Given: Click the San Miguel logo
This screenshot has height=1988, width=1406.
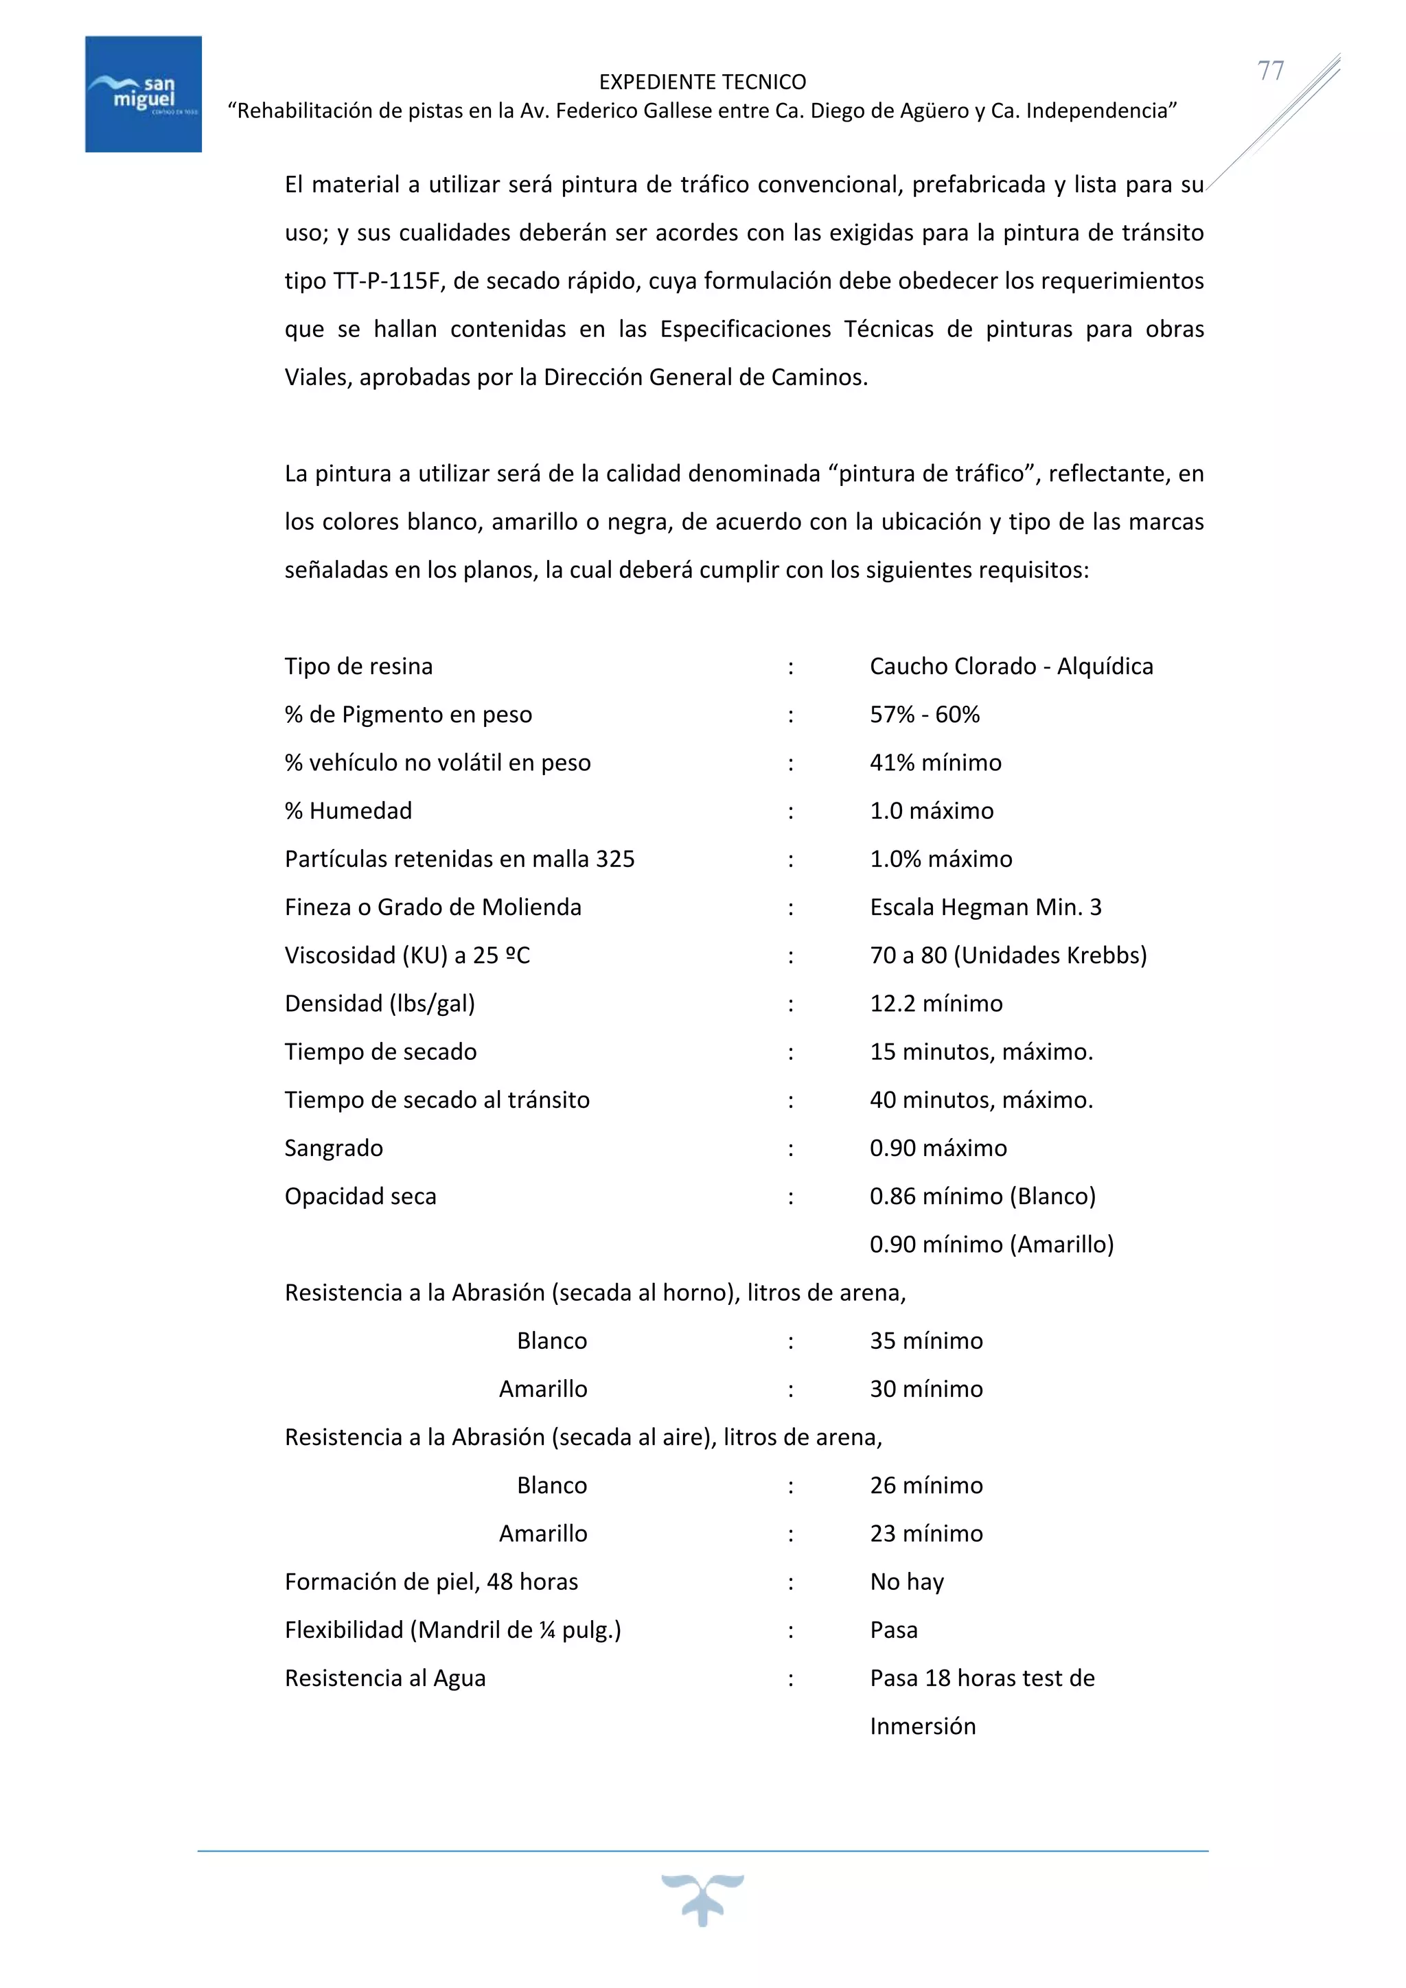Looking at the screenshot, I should [x=143, y=93].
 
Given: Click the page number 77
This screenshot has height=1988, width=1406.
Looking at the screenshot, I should [x=1270, y=70].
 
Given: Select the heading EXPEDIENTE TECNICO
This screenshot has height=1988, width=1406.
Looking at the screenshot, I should [x=702, y=82].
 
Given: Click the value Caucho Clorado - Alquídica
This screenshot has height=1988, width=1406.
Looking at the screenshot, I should [x=1011, y=667].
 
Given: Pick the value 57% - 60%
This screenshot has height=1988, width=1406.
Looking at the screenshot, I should [x=924, y=715].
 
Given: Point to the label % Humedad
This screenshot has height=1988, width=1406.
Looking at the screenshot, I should [x=348, y=811].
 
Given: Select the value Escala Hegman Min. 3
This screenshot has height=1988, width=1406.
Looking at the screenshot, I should [x=985, y=908].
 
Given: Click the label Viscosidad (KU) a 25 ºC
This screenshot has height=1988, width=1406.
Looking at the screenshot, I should [x=407, y=956].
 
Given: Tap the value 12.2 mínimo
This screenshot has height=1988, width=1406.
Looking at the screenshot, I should [x=936, y=1004].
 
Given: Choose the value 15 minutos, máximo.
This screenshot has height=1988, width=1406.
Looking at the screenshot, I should [x=981, y=1052].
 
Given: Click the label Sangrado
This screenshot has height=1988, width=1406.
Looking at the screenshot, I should [x=334, y=1148].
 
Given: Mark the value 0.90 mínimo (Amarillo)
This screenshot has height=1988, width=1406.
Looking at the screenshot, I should [x=991, y=1245].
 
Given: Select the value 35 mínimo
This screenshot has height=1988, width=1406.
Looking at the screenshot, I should [x=925, y=1341].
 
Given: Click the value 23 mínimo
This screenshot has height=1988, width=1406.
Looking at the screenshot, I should [x=925, y=1534].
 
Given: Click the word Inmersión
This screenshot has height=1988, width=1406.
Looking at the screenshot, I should [x=922, y=1726].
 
